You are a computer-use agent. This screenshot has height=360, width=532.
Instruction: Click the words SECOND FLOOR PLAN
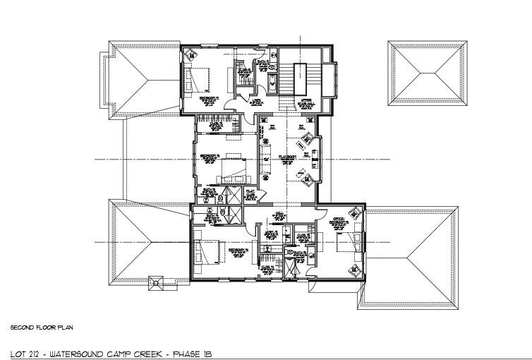[x=42, y=328]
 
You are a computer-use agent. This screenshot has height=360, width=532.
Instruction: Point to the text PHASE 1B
[x=193, y=352]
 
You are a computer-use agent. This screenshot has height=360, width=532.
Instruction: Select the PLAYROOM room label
[x=287, y=156]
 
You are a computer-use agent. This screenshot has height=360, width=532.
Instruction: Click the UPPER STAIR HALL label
[x=306, y=102]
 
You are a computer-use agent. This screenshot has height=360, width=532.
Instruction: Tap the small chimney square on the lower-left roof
[x=155, y=284]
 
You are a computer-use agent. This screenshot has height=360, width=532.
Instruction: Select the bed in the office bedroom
[x=349, y=245]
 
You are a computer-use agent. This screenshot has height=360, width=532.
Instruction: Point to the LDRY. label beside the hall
[x=269, y=233]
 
